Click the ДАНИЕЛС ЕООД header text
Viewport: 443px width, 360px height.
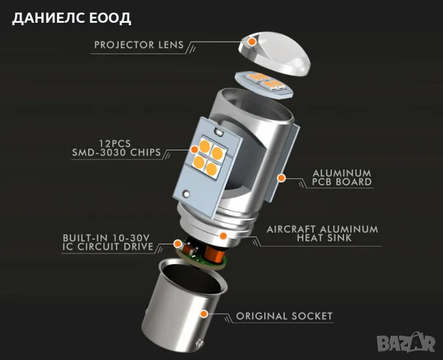71,17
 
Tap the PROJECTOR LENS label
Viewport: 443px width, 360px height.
139,45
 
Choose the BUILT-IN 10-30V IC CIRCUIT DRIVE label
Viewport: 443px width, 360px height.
108,241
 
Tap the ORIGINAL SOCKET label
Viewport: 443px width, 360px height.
284,316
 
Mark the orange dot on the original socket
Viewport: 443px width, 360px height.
204,313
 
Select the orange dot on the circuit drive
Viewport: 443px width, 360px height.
178,244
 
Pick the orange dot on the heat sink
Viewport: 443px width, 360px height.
221,235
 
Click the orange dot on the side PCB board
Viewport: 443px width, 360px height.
280,178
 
